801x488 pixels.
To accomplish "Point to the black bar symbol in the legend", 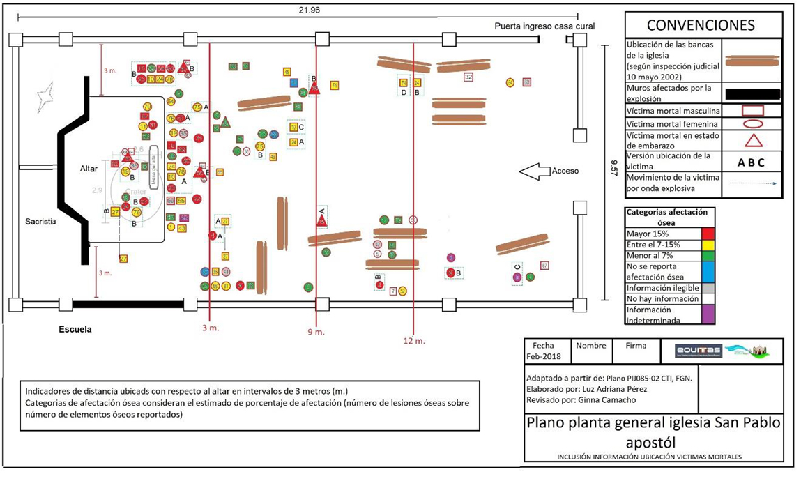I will coord(752,93).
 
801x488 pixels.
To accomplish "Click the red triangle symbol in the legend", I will coord(752,140).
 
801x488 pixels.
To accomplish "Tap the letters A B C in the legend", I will coord(751,162).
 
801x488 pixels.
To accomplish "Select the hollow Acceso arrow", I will coord(535,171).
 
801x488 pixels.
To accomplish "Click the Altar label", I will coord(89,169).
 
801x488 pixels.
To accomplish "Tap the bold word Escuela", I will coord(75,329).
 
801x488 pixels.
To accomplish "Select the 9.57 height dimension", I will coord(613,171).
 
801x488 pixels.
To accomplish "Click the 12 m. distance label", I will coord(414,341).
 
